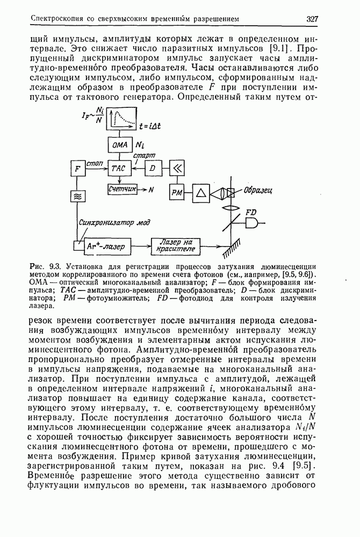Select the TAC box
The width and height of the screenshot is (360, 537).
[118, 169]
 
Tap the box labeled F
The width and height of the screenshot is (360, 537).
[78, 169]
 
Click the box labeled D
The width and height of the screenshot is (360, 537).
[153, 169]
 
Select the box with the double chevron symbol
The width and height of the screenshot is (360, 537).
[177, 169]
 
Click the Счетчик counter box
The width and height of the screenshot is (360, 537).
[122, 189]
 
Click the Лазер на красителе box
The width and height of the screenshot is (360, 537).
[176, 246]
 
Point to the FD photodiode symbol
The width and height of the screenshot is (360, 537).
[252, 223]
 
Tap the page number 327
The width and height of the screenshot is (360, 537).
[313, 19]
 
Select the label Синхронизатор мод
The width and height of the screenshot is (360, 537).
[113, 221]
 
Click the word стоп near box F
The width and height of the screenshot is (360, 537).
[96, 162]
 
